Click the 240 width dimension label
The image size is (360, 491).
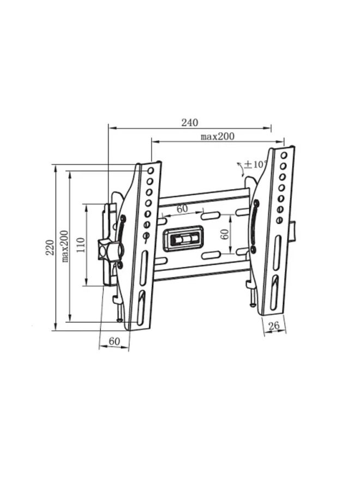click(189, 122)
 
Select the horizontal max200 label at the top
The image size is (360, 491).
click(217, 136)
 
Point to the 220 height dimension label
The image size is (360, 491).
click(50, 247)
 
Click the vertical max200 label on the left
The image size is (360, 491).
click(64, 247)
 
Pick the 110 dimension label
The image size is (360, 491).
click(80, 245)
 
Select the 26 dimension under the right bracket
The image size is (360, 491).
click(274, 326)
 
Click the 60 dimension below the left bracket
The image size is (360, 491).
click(114, 341)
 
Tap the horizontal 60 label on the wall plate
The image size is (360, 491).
click(182, 209)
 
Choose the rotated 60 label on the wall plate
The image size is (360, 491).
click(224, 234)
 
